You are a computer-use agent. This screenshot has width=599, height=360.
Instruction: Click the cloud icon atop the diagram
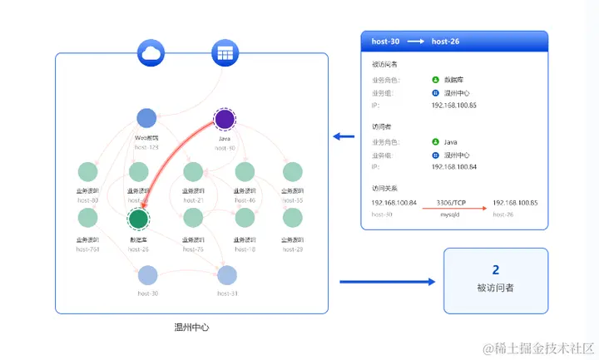coord(152,54)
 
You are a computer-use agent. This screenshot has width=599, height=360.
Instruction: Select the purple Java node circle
coord(225,119)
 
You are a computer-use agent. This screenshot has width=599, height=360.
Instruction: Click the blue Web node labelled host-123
coord(146,119)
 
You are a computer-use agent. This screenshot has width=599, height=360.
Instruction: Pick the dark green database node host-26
coord(138,219)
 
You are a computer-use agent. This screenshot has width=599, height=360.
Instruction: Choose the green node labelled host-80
coord(87,173)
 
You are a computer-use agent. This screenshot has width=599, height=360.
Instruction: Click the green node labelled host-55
coord(292,173)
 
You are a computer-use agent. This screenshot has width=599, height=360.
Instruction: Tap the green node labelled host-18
coord(245,219)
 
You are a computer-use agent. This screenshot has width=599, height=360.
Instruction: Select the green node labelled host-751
coord(87,219)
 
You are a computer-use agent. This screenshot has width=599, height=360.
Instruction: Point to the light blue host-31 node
coord(227,275)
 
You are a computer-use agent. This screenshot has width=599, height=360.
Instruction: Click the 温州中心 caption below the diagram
coord(191,328)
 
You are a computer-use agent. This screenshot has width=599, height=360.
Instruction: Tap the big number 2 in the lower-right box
coord(496,270)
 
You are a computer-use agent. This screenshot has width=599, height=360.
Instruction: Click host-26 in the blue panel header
coord(446,42)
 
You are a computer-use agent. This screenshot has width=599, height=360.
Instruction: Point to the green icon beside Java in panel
coord(436,142)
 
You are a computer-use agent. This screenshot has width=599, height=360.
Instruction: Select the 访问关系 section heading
coord(384,188)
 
